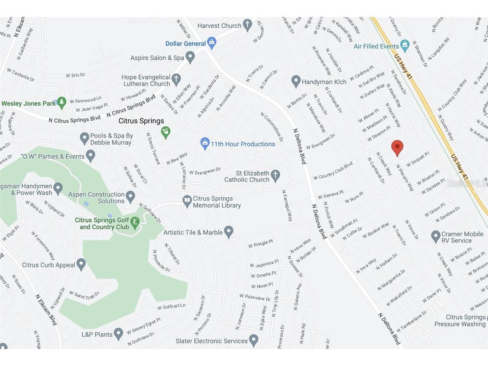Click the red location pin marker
point(397,148)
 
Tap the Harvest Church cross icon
point(247,25)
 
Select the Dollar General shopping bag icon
point(211,43)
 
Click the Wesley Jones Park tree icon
point(61,103)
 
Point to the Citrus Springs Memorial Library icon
point(187,201)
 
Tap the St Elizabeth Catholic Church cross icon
point(275,175)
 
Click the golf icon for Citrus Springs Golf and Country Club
point(135,223)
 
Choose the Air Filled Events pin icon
point(405,45)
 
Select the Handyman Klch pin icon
point(296,81)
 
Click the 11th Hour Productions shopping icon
point(205,143)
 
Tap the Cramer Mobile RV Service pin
point(436,236)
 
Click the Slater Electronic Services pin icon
point(253,340)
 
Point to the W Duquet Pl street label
point(417,159)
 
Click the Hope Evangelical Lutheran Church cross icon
point(175,79)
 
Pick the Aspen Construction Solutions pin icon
point(130,197)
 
